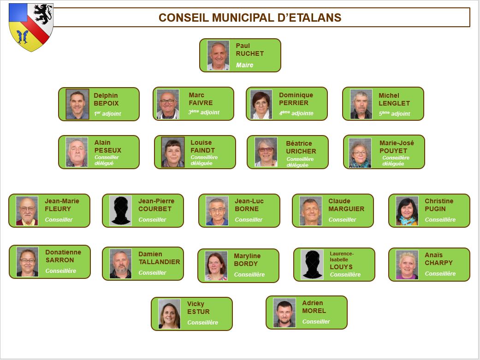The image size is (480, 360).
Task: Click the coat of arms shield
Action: [x=31, y=27]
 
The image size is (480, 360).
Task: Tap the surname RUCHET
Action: [x=249, y=53]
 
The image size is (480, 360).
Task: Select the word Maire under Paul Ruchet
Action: [x=244, y=65]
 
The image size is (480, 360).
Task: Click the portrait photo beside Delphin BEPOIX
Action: [x=77, y=104]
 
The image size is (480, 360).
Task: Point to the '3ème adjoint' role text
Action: [x=203, y=112]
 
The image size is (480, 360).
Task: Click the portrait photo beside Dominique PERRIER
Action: [x=261, y=104]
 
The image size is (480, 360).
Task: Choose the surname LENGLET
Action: [x=394, y=103]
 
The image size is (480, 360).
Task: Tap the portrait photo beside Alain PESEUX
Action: [x=77, y=152]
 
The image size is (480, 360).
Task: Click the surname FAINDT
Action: [x=202, y=150]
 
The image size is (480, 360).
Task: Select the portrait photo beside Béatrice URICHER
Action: [x=266, y=152]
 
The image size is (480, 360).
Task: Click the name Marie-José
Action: [x=397, y=143]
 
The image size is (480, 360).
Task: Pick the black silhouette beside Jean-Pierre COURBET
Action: [x=121, y=211]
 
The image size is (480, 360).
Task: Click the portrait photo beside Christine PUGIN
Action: [x=407, y=211]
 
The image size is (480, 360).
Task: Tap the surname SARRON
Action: [x=59, y=260]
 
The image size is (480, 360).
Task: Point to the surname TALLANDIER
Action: [x=159, y=262]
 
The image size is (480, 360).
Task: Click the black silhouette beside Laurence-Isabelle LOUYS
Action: [x=312, y=265]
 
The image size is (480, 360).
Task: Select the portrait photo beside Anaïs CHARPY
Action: [x=407, y=265]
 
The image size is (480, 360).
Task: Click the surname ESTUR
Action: [x=198, y=312]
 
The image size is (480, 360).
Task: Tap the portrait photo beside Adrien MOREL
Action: [x=284, y=313]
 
